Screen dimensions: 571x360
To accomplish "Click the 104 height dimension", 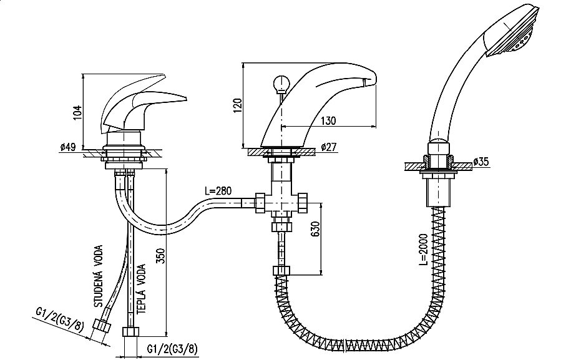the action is click(77, 112).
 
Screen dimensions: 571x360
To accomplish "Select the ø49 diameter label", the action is click(68, 147).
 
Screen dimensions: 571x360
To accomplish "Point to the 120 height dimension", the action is click(237, 105).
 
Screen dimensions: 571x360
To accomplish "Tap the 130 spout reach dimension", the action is click(328, 120).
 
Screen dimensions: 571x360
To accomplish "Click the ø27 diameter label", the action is click(329, 147).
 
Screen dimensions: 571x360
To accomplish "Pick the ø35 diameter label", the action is click(481, 162).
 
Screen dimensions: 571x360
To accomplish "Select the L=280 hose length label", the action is click(218, 191).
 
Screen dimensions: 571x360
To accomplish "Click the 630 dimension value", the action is click(315, 229).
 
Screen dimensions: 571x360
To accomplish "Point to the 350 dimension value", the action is click(162, 256).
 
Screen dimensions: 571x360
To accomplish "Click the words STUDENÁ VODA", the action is click(99, 276).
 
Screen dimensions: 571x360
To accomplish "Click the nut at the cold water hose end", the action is click(102, 326).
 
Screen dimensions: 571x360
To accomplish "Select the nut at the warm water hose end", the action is click(130, 333).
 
